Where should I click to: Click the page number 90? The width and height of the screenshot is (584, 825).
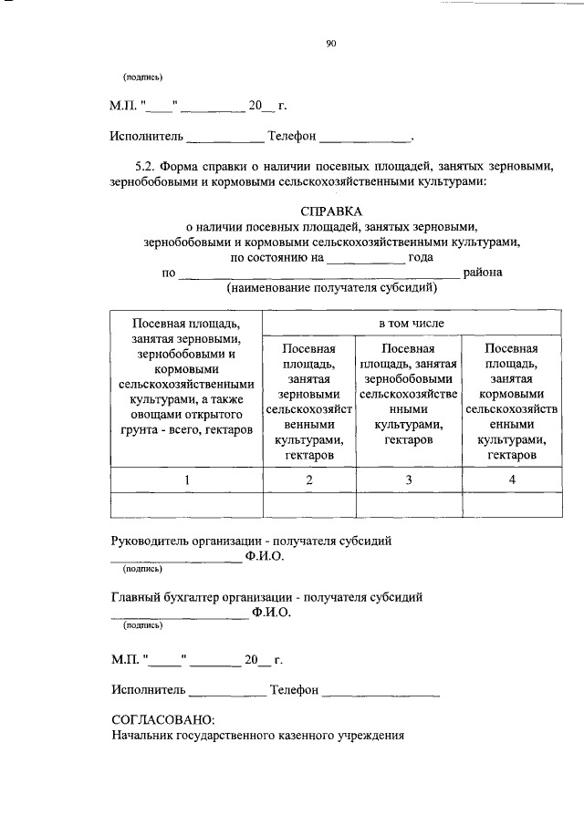(x=331, y=40)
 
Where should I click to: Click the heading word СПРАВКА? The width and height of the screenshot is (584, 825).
(x=332, y=211)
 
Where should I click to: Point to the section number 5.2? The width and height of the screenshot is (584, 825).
(x=148, y=166)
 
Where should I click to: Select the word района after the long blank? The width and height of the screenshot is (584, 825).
(x=483, y=272)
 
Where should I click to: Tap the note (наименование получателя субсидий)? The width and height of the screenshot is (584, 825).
(x=332, y=287)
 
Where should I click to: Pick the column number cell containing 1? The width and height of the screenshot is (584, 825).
(x=186, y=480)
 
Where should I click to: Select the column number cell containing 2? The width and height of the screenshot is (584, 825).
(x=309, y=480)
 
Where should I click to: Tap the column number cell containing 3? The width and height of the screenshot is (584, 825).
(x=409, y=480)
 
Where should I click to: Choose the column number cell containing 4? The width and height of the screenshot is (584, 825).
(x=512, y=480)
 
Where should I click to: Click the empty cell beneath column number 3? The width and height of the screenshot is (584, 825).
(x=409, y=504)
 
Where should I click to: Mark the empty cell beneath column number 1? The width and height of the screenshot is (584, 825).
(x=186, y=504)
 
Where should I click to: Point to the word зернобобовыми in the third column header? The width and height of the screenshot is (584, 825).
(x=408, y=379)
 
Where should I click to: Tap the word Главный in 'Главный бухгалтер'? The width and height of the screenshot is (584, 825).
(x=137, y=597)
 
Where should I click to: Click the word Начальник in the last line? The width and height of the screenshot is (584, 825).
(x=144, y=736)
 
